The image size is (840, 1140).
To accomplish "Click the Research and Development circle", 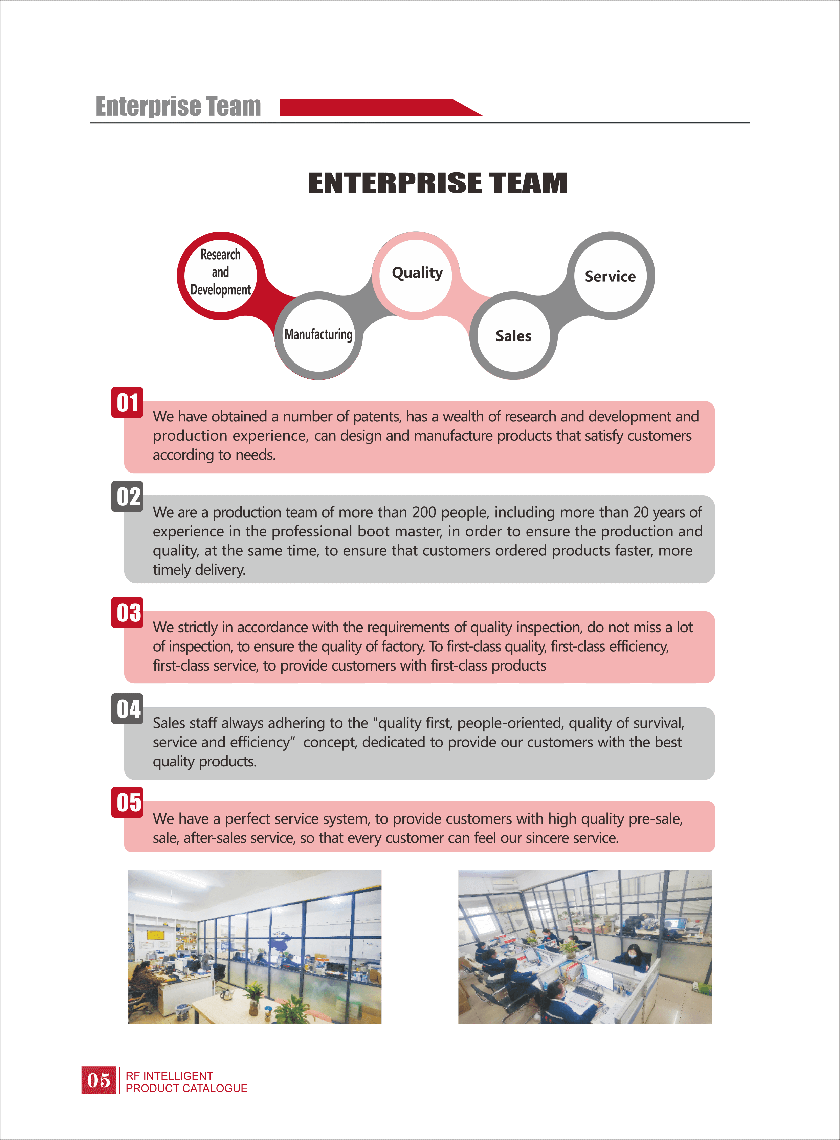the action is pos(221,276).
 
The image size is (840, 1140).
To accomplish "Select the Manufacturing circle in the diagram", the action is pos(318,335).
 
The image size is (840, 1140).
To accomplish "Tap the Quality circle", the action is pos(416,276).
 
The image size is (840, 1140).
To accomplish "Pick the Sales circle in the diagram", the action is pos(513,335).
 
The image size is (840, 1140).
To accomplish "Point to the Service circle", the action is pos(610,276).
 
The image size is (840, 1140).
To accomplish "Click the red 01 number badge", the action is pos(127,402).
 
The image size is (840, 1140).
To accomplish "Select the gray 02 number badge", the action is pos(127,496).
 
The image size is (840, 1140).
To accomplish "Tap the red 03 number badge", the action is pos(127,613).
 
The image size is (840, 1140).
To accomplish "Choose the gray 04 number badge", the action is pos(127,708).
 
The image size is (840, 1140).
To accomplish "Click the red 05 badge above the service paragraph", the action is pos(127,803).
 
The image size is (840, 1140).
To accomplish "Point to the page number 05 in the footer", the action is pos(98,1080).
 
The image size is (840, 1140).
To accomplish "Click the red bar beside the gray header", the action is pos(381,107).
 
